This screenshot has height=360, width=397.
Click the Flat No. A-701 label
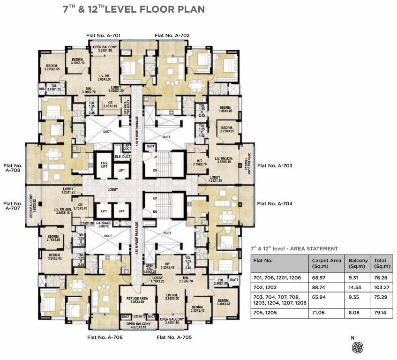104,35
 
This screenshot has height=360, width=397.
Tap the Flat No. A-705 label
173,337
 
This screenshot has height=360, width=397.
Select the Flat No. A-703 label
275,165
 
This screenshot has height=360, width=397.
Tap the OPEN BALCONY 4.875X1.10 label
138,325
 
